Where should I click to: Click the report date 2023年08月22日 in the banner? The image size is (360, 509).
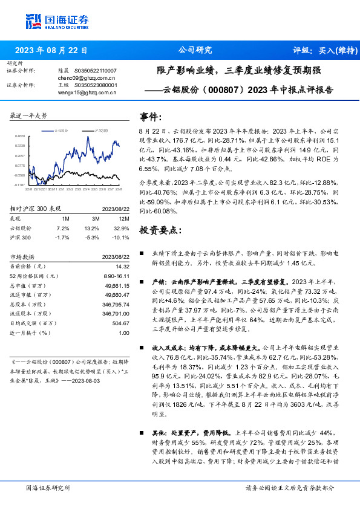coord(51,50)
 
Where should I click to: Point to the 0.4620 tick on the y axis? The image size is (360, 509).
coord(20,136)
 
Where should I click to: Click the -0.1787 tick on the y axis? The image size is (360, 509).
coord(20,185)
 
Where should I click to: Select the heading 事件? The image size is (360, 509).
coord(151,117)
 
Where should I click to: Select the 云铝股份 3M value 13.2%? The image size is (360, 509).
coord(91,229)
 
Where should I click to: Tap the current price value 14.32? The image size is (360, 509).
coord(122,266)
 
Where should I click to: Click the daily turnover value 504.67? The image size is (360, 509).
coord(120,322)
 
